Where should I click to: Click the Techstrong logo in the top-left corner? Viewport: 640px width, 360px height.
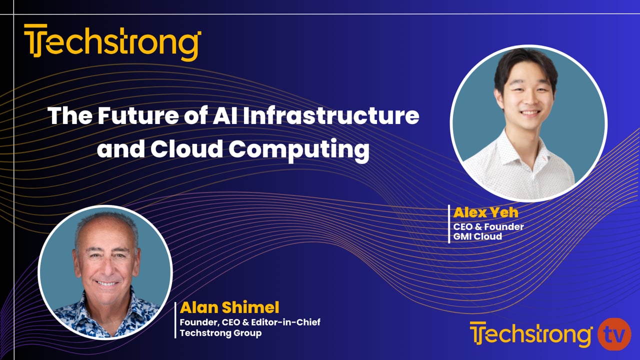[x=112, y=42]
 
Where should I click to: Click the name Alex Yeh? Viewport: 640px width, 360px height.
[x=485, y=212]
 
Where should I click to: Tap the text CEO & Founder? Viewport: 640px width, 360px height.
[x=488, y=226]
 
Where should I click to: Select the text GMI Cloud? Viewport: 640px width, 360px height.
[x=477, y=236]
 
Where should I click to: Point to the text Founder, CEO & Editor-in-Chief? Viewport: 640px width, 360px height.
[x=250, y=322]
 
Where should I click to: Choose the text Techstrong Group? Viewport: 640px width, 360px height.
[x=220, y=332]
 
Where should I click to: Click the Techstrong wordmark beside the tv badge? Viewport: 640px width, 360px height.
[x=531, y=334]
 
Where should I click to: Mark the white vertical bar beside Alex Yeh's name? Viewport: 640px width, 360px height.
[x=449, y=223]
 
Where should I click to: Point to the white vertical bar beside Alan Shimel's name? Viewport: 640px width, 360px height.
[x=175, y=320]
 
